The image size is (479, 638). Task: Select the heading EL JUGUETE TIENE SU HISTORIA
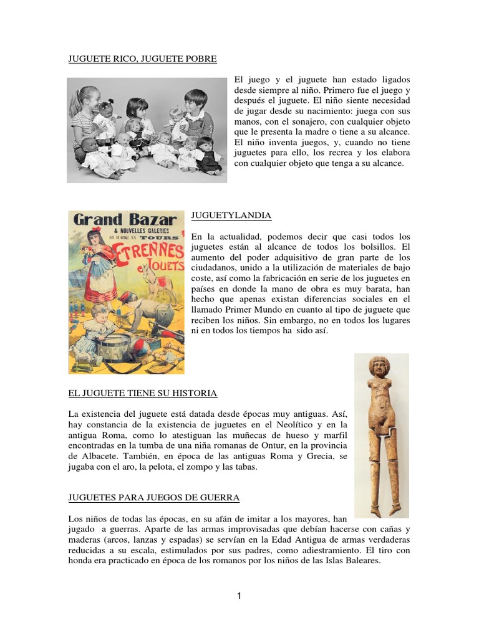pyautogui.click(x=142, y=393)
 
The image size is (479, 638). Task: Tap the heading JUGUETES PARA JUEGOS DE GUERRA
pyautogui.click(x=153, y=498)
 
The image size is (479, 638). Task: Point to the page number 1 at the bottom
pyautogui.click(x=239, y=596)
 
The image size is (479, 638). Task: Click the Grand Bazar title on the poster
pyautogui.click(x=124, y=220)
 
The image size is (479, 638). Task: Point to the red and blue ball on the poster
pyautogui.click(x=153, y=344)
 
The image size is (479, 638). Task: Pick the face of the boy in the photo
pyautogui.click(x=196, y=102)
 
